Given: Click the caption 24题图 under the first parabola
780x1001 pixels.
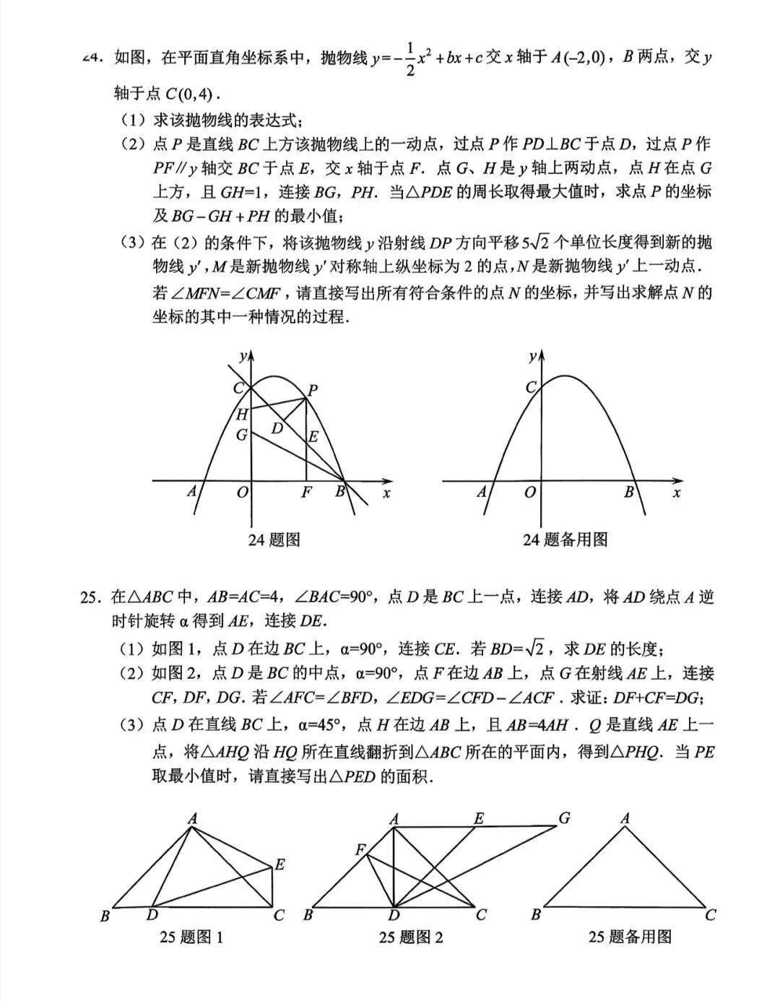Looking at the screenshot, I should tap(274, 539).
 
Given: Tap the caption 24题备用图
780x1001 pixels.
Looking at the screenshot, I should tap(565, 539).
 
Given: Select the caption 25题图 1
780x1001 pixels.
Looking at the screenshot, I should tap(191, 937).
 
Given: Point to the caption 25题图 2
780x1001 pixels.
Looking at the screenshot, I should tap(411, 937).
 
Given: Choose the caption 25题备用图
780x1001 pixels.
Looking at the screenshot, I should tap(630, 937).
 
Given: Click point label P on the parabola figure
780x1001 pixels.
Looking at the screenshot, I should tap(313, 391).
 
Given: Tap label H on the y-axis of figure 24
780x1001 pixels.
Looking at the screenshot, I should tap(242, 415).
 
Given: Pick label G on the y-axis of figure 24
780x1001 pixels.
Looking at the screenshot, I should tap(242, 435).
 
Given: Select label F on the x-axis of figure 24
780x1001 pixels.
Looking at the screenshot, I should tap(306, 493).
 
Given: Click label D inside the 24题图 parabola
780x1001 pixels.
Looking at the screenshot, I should tap(277, 428).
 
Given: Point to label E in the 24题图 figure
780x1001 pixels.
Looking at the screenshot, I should tap(313, 437).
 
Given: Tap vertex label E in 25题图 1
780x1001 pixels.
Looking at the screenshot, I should tap(279, 864).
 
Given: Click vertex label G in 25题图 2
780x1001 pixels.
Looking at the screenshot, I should tap(564, 818).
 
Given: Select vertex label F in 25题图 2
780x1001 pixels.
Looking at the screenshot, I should tap(360, 849).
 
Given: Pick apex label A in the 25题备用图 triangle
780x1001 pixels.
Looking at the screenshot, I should tap(625, 818).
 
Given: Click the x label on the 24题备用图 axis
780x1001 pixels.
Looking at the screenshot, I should tap(677, 493).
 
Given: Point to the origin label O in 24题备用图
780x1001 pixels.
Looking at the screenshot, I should tap(530, 493).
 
